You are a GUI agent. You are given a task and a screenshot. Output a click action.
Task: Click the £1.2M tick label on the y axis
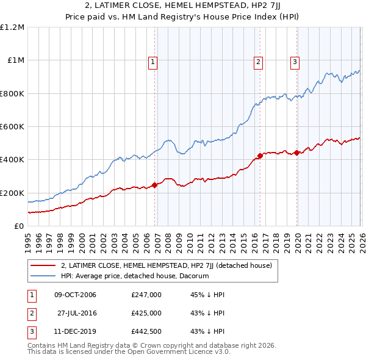click(x=12, y=27)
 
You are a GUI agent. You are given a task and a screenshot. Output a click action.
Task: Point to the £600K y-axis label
click(x=12, y=127)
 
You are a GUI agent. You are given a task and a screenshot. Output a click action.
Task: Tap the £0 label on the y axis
click(x=18, y=226)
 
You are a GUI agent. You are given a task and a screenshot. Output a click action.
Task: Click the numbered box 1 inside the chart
click(x=152, y=61)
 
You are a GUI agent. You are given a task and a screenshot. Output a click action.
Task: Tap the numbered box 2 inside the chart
click(x=259, y=61)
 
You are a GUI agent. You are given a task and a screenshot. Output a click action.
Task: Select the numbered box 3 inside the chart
click(x=295, y=61)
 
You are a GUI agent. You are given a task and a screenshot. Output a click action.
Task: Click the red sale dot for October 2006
click(x=154, y=185)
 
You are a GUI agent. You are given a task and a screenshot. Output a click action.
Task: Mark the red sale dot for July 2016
click(x=260, y=156)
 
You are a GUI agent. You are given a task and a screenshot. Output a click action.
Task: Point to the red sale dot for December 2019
click(x=296, y=153)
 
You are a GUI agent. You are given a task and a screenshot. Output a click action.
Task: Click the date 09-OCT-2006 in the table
click(x=75, y=295)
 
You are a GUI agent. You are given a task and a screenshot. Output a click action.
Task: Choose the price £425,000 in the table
click(x=146, y=314)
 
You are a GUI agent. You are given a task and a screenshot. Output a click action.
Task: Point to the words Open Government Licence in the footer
click(x=184, y=352)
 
